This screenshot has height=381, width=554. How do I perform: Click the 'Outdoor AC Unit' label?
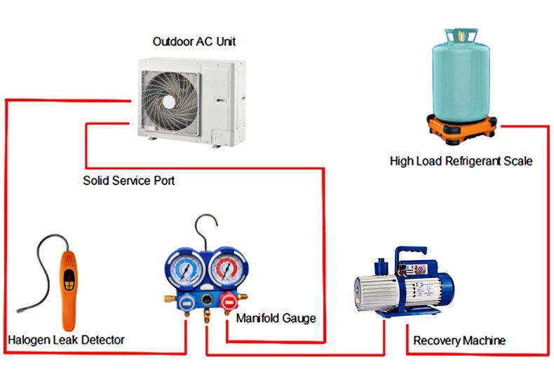pos(194,41)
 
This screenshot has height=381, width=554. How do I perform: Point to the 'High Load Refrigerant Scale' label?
pos(461,161)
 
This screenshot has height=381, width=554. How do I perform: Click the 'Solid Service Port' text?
pos(128,181)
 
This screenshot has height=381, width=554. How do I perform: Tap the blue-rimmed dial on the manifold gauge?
pos(182,269)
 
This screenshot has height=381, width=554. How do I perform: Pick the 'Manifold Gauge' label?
pos(276,318)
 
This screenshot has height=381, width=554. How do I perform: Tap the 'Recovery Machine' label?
pos(459,341)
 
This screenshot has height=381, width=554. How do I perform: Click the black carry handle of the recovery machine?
pos(410,252)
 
